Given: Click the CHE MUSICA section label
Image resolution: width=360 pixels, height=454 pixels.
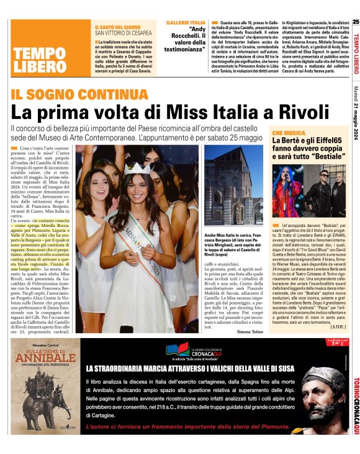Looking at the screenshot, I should tap(287, 133).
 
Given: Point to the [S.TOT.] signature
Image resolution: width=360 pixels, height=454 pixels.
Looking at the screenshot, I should tap(337, 326).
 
